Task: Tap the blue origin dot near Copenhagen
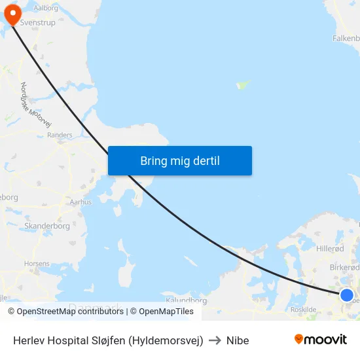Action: (347, 295)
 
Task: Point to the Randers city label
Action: (60, 135)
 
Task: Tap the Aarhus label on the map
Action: (81, 202)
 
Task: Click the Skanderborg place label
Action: (46, 226)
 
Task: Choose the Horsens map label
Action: (36, 264)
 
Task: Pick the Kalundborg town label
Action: (187, 300)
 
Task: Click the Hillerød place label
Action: (330, 249)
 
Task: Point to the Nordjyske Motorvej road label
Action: (36, 105)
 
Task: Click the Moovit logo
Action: (321, 340)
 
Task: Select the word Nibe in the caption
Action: (238, 340)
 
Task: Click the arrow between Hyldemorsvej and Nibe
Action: (215, 340)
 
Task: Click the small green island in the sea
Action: (243, 84)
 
